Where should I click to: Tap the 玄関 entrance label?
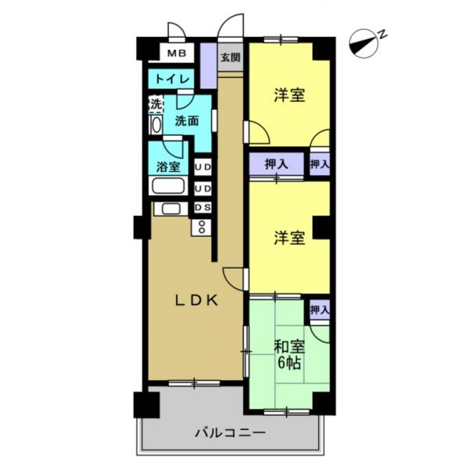click(229, 57)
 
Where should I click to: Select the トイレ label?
click(170, 79)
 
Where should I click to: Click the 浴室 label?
click(168, 166)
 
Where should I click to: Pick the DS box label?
click(202, 207)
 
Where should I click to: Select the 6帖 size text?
click(288, 363)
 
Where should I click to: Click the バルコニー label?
click(230, 432)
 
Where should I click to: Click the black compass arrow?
click(361, 42)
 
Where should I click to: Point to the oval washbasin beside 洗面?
click(156, 124)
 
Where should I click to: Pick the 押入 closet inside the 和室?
click(319, 310)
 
